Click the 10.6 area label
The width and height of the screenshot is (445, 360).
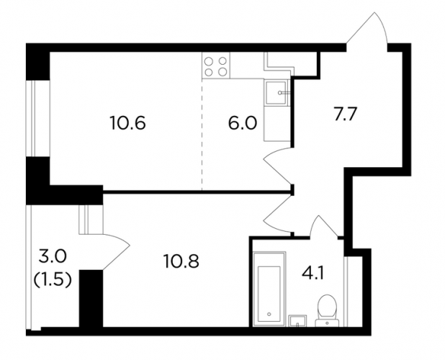[x=127, y=123]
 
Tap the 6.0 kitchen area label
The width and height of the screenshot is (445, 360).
[x=243, y=123]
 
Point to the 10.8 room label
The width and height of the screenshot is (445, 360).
[x=181, y=261]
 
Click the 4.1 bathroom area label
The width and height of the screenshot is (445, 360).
[x=313, y=274]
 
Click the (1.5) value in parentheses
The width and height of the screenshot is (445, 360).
[x=53, y=280]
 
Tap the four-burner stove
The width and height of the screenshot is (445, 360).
[x=216, y=66]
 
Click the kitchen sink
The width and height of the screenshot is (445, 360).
[x=276, y=93]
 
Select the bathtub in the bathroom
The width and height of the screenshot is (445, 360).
[x=269, y=289]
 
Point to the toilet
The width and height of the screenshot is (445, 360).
[x=327, y=310]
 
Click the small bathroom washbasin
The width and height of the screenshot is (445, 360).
[x=297, y=320]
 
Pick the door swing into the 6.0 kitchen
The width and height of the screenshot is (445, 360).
[x=277, y=165]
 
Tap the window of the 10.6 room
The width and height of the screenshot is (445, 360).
[x=34, y=118]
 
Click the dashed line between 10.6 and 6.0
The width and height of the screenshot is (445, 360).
[x=202, y=135]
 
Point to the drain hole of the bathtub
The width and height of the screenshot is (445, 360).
[x=269, y=315]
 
